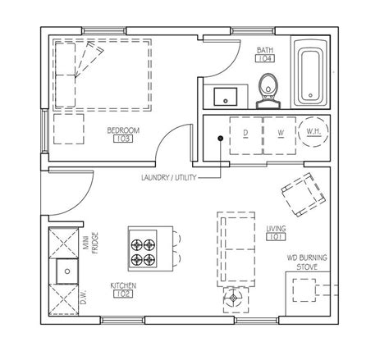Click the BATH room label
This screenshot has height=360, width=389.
coord(265,50)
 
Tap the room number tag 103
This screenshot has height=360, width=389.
coord(123,139)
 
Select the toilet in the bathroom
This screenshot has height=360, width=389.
coord(268,91)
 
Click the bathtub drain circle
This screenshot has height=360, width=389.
coord(310,95)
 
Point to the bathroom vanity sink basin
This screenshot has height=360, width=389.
coord(226,97)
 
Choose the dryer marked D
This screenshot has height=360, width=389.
coord(246,135)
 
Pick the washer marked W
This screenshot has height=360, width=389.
coord(280,135)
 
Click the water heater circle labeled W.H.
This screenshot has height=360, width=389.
coord(313,132)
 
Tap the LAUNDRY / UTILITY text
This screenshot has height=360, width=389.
coord(169,178)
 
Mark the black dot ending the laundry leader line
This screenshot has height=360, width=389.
coord(221,139)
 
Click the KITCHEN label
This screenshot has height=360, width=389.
coord(123,285)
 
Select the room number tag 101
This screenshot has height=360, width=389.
coord(276,237)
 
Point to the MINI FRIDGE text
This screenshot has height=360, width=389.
coord(91,243)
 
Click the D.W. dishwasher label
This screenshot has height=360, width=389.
coord(83,297)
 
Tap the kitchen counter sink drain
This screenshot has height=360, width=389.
coord(67,271)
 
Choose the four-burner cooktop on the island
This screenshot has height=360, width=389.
coord(143,248)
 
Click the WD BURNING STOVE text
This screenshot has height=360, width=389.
coord(307,262)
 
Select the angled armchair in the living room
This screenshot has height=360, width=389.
coord(304,194)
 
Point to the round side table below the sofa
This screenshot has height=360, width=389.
coord(233,298)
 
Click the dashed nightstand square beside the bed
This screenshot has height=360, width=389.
coord(69,129)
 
